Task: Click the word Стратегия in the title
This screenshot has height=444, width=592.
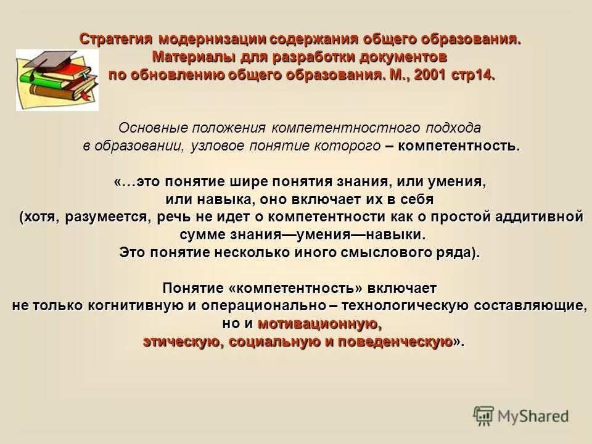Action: pos(116,39)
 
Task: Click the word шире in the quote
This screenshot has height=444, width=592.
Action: pos(245,183)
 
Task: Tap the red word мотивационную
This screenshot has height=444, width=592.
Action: pos(317,324)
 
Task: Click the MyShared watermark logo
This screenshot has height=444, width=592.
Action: pos(521,416)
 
